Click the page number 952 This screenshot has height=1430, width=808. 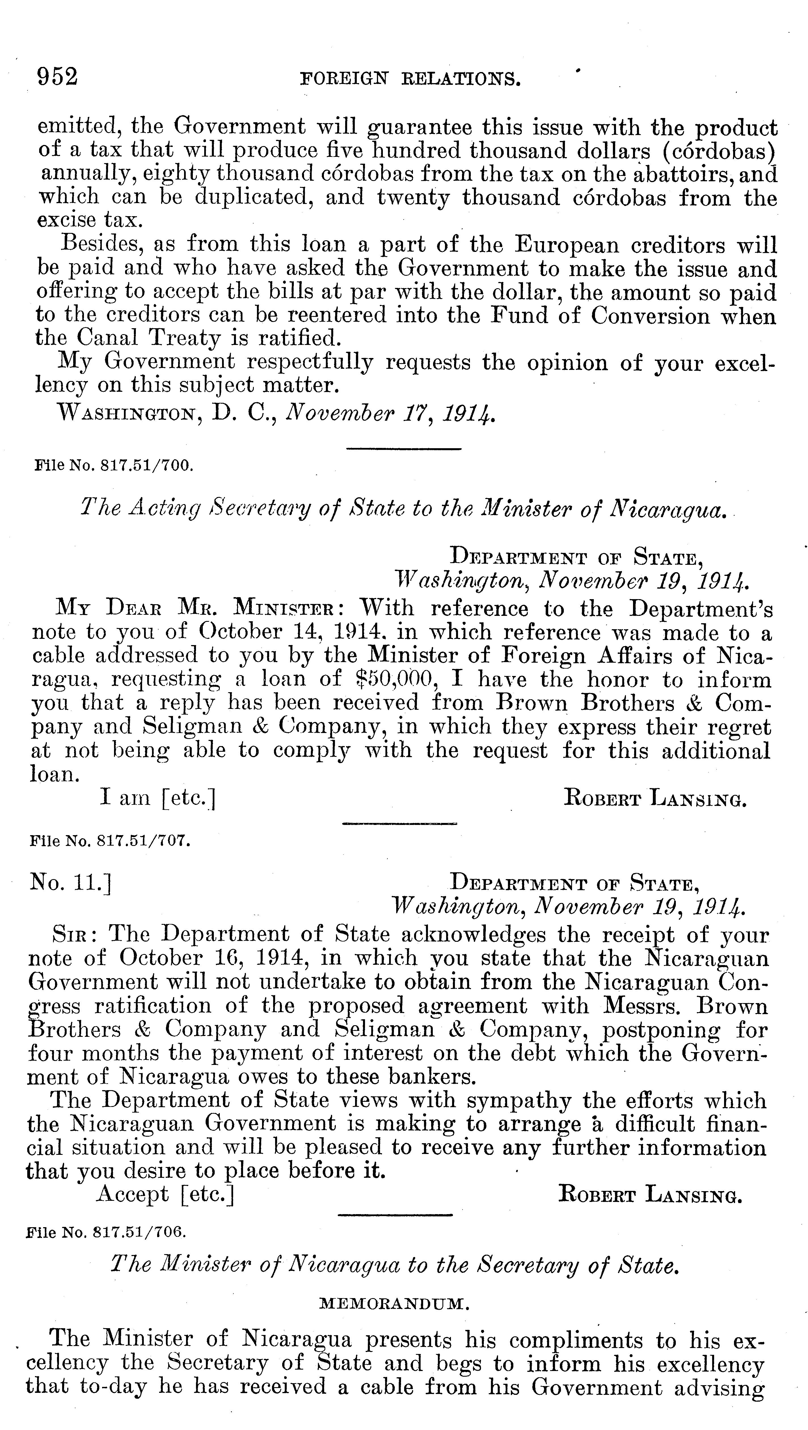[57, 77]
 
